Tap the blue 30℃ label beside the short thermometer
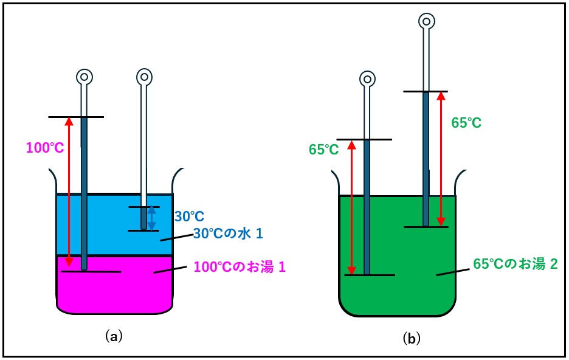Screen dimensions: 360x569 point(189,216)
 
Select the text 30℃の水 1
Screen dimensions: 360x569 point(228,234)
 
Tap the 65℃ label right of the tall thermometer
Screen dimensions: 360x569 point(466,123)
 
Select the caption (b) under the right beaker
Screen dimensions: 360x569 point(412,338)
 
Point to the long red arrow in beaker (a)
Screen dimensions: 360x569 point(69,192)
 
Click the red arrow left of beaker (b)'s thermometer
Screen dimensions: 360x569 point(351,207)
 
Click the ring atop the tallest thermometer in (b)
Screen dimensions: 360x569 point(427,22)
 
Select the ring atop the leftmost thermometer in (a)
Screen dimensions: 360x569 point(84,77)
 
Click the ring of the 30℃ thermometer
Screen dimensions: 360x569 point(144,77)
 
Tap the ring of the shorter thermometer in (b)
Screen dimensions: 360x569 point(367,79)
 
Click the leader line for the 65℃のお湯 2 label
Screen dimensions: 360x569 point(448,272)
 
